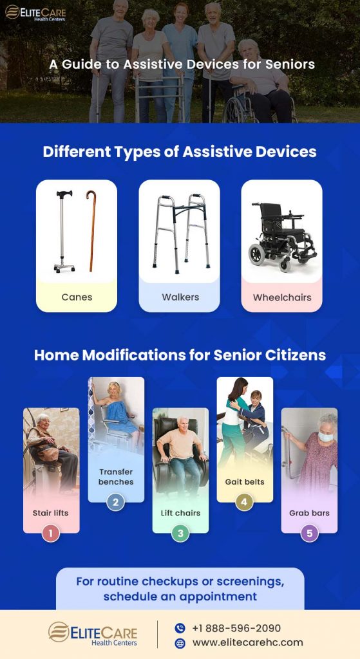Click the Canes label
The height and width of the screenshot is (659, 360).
pos(77,297)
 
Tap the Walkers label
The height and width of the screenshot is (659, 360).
pos(180,297)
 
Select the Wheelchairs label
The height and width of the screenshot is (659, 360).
pos(281,297)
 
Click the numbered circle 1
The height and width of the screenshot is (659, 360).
pos(51,533)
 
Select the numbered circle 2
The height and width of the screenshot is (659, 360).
pos(115,502)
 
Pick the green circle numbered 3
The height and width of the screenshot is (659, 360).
pos(180,533)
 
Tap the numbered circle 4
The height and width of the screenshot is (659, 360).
pos(244,502)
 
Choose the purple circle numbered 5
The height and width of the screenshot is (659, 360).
pos(309,533)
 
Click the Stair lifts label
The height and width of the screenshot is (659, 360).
pos(51,513)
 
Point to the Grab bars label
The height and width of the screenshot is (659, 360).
pos(309,513)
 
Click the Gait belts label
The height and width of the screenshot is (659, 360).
pos(245,481)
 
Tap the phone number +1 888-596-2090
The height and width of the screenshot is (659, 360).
pos(236,628)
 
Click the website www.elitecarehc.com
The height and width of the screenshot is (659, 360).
pos(247,642)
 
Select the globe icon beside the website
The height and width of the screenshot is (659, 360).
pos(180,643)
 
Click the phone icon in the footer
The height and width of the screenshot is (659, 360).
pos(180,628)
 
